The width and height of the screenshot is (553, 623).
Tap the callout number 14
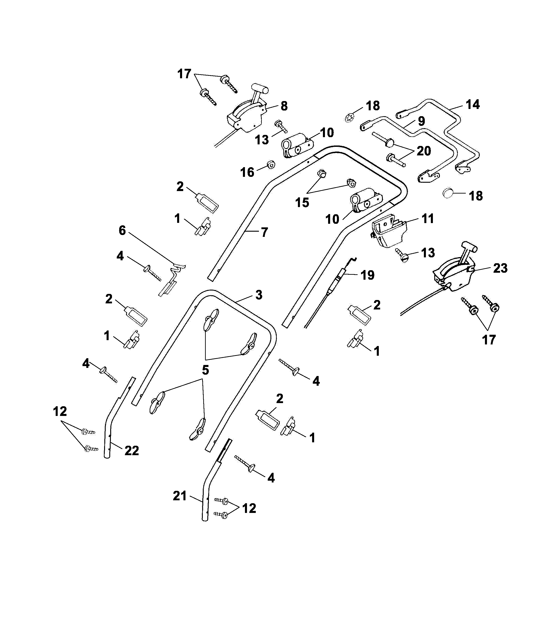point(473,104)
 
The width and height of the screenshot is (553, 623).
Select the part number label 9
point(421,121)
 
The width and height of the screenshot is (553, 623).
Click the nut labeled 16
point(270,165)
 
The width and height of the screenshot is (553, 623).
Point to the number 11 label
point(428,219)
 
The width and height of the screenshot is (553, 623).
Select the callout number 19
point(367,275)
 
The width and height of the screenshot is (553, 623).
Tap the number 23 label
point(500,268)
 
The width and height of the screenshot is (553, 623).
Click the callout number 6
point(122,231)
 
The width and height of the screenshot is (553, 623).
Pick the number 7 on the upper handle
point(264,232)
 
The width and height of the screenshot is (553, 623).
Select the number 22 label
point(132,450)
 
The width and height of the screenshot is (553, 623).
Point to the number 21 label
point(180,496)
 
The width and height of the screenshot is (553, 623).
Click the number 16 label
point(247,172)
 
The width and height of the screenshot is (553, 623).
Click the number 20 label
point(424,151)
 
